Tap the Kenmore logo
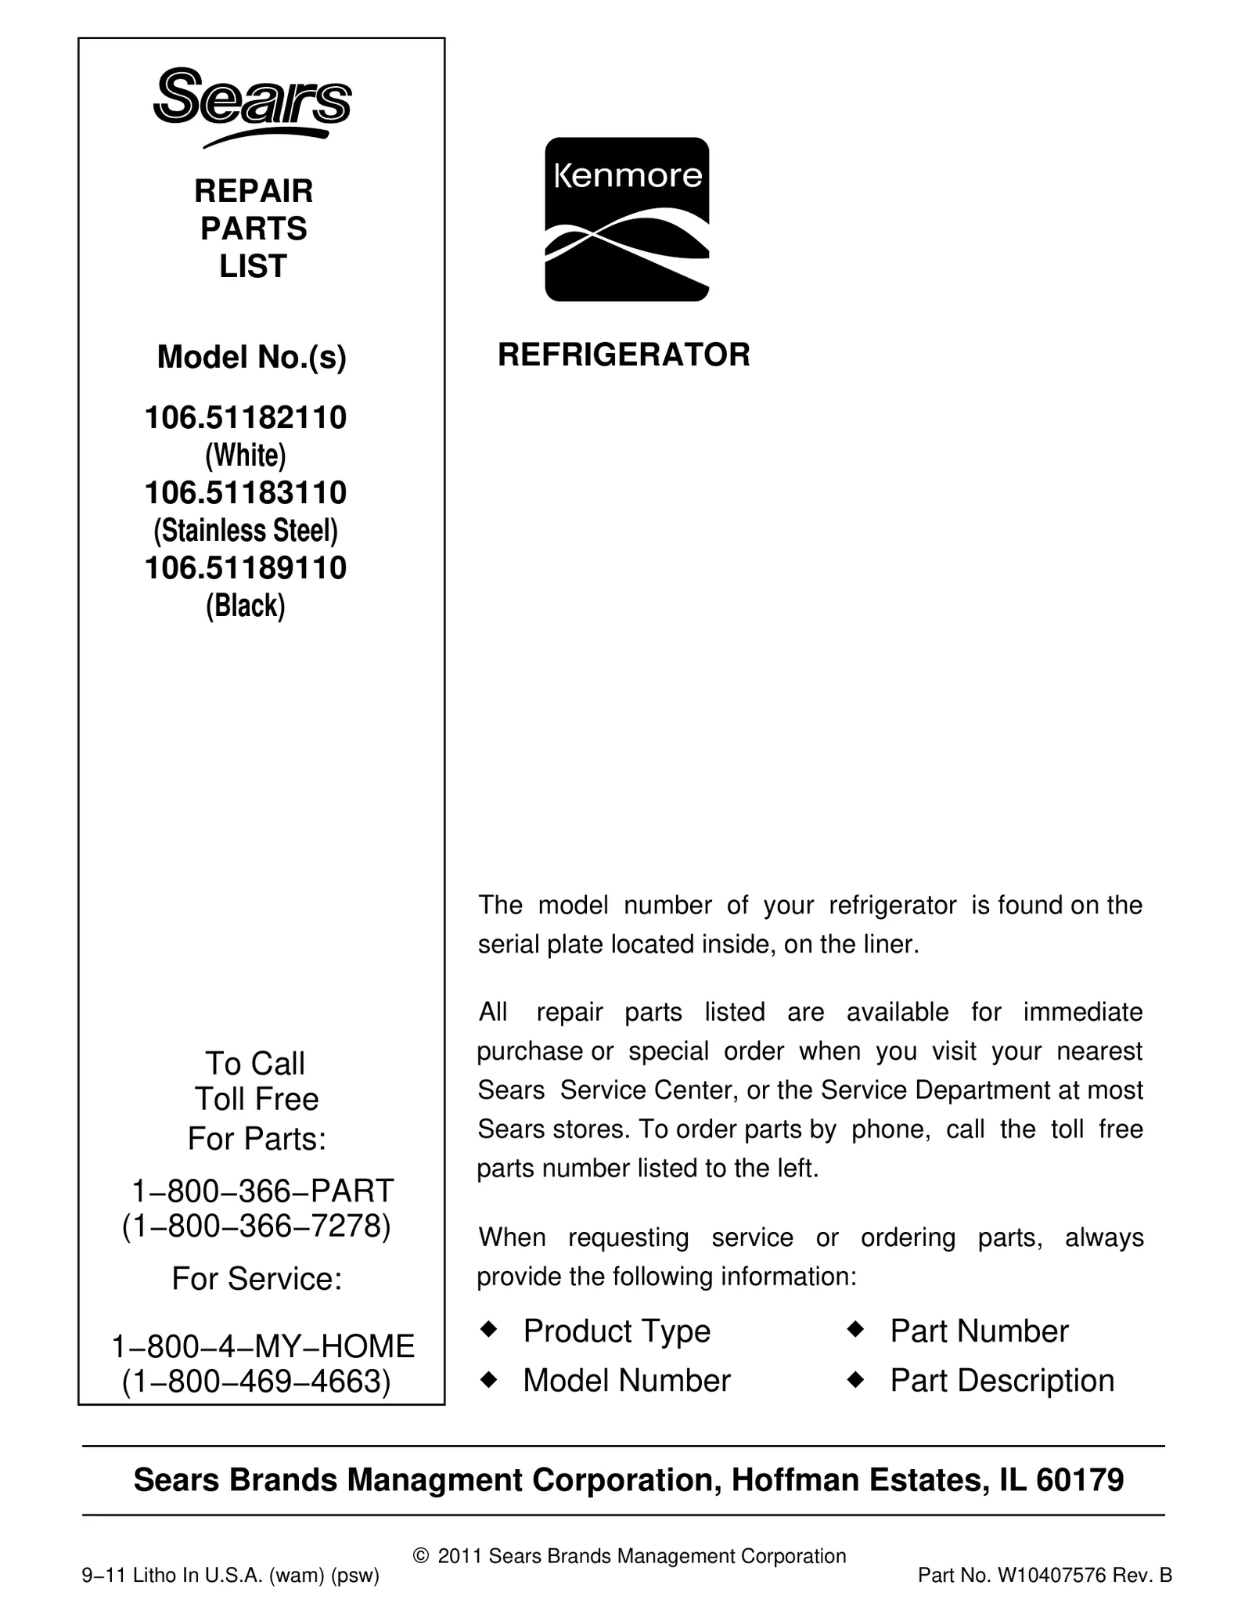(x=627, y=219)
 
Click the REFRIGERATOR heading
(x=624, y=355)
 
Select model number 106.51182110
(x=246, y=418)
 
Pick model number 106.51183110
(x=246, y=492)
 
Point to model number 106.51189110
(x=246, y=567)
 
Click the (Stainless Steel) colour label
(x=246, y=531)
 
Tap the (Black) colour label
(x=246, y=606)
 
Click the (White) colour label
(x=246, y=455)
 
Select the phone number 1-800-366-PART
(x=262, y=1191)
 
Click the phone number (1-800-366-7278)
(x=257, y=1226)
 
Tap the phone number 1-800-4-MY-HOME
(x=263, y=1346)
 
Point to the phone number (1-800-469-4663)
(x=257, y=1381)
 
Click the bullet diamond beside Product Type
(x=488, y=1329)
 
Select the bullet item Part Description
(x=1002, y=1381)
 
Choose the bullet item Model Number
(x=626, y=1381)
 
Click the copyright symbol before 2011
(x=421, y=1557)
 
